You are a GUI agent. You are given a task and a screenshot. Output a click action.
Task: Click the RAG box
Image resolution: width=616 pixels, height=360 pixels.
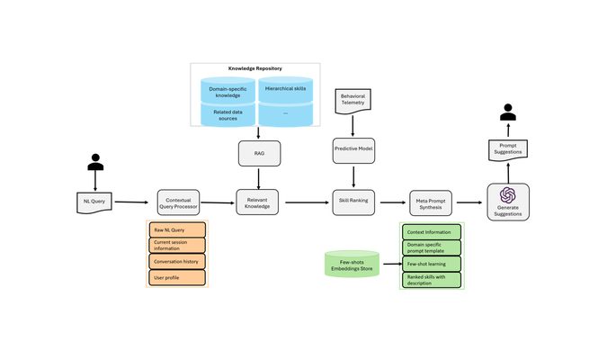(x=259, y=153)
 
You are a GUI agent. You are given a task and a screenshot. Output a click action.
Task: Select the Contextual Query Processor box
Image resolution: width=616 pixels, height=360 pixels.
(x=178, y=202)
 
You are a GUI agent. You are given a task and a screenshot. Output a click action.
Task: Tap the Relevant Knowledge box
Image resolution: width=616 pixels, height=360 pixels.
(x=257, y=202)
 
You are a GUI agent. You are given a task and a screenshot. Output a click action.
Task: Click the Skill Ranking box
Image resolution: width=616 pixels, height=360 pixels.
(x=353, y=202)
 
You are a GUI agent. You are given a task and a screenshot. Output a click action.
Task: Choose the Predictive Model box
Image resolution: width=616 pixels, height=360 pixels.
(x=353, y=150)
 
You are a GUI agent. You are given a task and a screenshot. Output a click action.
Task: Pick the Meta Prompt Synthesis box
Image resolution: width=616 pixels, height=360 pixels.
(x=431, y=203)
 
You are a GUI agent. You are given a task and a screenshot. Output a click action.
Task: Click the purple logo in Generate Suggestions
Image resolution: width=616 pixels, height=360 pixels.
(x=507, y=195)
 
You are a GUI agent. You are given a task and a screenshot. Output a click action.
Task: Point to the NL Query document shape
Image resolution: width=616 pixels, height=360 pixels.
(x=94, y=202)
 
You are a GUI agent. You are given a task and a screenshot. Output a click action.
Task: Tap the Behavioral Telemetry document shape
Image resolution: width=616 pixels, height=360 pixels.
(x=353, y=101)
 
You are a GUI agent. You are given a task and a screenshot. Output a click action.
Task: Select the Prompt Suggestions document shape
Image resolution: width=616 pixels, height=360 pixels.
(x=508, y=150)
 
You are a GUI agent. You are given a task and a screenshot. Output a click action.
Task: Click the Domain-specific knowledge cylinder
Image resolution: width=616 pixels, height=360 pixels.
(x=228, y=91)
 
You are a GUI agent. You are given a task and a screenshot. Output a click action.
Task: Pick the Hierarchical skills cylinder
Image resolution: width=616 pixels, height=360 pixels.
(x=286, y=90)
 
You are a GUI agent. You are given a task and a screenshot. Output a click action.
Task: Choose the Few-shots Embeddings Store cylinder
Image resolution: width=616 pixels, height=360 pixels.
(x=352, y=264)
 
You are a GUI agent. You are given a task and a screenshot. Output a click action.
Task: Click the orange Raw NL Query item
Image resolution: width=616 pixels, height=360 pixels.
(x=177, y=229)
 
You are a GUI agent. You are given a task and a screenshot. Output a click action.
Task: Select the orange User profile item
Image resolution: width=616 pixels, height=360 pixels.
(x=177, y=277)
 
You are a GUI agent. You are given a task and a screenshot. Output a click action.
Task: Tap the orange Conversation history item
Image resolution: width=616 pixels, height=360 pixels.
(x=177, y=261)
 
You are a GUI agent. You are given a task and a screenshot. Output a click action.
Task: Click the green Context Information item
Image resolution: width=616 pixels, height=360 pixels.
(x=432, y=232)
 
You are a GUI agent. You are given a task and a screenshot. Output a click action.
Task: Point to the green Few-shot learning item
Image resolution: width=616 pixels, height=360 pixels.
(x=432, y=264)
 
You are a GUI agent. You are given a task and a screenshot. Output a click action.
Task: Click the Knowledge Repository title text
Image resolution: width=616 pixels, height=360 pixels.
(x=255, y=68)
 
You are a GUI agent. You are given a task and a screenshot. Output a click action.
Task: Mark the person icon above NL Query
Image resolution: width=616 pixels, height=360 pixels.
(x=95, y=162)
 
